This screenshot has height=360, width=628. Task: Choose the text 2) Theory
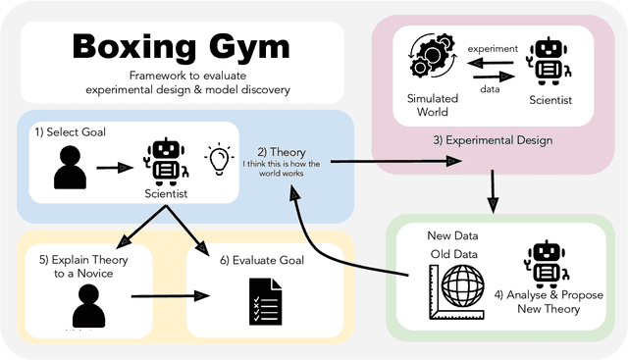(x=282, y=152)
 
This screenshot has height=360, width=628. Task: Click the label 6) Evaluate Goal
(x=250, y=260)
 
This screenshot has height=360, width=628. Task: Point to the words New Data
(x=447, y=236)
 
